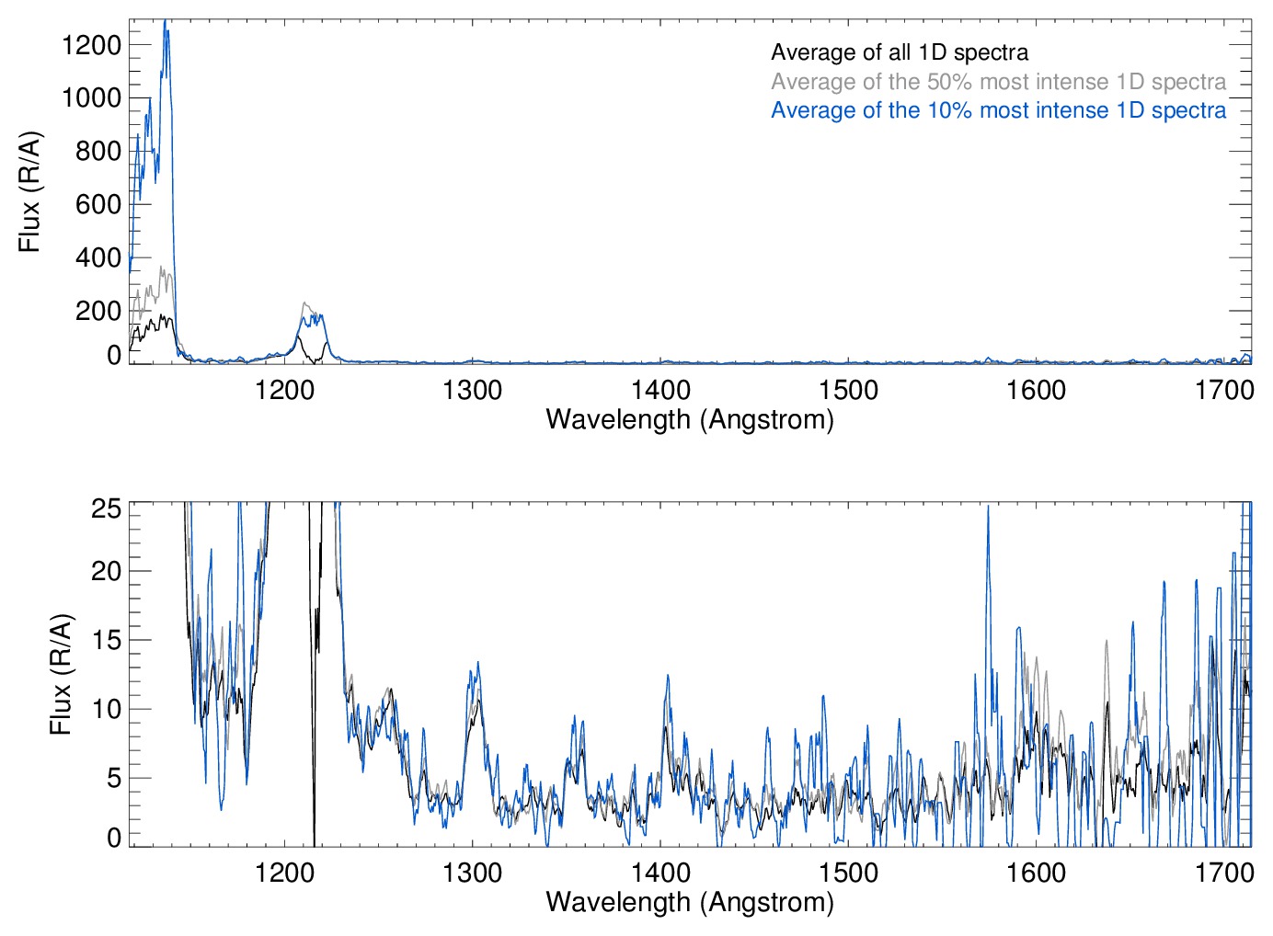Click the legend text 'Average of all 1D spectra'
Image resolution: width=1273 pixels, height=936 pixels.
[899, 52]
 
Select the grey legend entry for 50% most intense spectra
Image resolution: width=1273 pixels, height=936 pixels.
[998, 82]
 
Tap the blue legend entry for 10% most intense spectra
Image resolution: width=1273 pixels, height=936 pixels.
[998, 110]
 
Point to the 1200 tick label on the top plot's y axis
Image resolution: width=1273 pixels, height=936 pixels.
[91, 44]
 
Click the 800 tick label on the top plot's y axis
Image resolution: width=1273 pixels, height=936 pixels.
[98, 151]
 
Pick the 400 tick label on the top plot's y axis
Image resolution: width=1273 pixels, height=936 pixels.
[98, 257]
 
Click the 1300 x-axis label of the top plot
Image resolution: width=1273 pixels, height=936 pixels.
[472, 390]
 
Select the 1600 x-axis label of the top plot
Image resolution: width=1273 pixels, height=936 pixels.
[1036, 390]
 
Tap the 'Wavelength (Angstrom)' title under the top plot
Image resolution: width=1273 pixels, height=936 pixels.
[690, 419]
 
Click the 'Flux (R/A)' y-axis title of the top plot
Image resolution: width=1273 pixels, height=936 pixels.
[30, 192]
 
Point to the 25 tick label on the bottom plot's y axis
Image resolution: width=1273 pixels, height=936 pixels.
[107, 508]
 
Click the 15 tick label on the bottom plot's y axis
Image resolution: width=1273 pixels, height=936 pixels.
[107, 640]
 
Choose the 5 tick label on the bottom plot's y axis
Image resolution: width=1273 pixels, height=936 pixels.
[114, 778]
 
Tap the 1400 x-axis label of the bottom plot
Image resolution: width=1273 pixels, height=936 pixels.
[660, 872]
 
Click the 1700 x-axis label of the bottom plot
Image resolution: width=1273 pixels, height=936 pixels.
[1224, 872]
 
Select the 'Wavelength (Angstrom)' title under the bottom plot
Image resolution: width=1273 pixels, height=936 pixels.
[690, 902]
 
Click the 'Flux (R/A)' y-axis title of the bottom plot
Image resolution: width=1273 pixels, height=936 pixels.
[61, 675]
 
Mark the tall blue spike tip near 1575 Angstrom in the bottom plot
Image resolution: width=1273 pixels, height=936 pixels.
[989, 507]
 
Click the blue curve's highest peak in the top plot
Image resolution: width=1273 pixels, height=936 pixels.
[166, 21]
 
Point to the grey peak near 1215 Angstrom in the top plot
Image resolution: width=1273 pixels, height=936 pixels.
[305, 302]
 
